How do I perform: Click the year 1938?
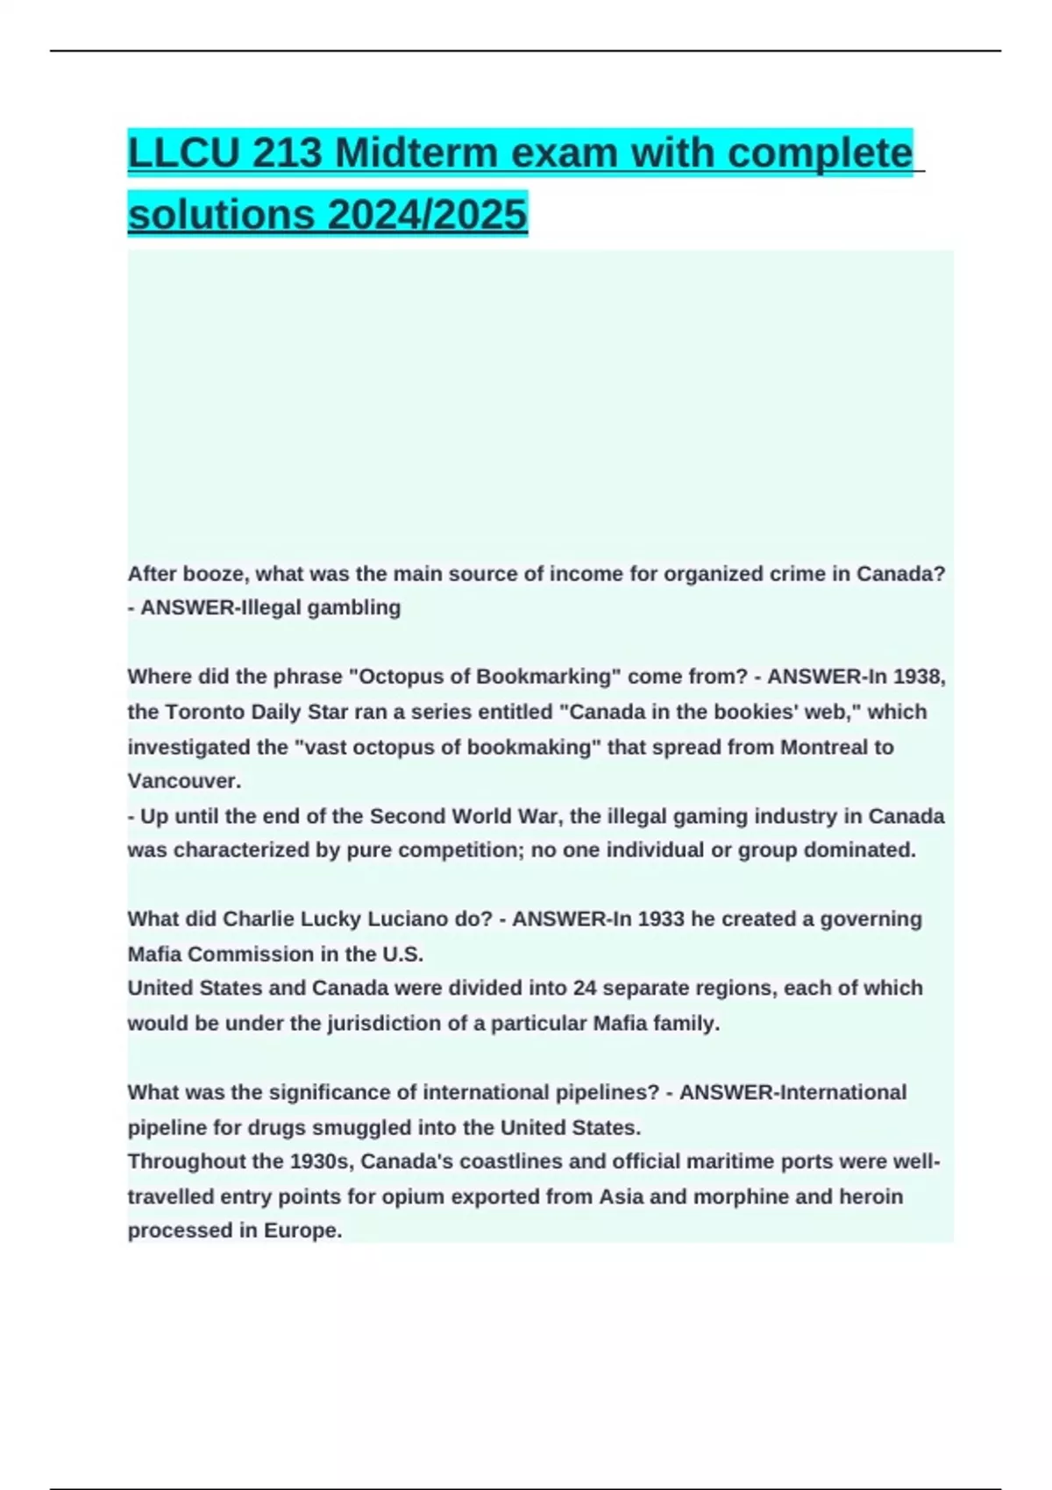pyautogui.click(x=918, y=677)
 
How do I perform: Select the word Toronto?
pyautogui.click(x=206, y=712)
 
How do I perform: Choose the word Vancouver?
pyautogui.click(x=183, y=781)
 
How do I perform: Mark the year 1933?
pyautogui.click(x=661, y=919)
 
